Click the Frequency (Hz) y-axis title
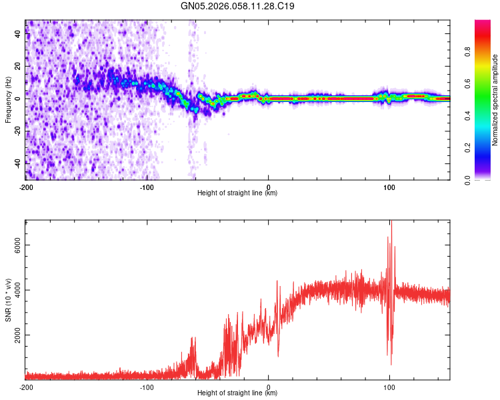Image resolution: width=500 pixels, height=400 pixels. pos(8,99)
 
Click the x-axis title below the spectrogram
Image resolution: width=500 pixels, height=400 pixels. pos(237,193)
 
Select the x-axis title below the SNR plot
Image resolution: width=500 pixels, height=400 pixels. pos(237,393)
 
